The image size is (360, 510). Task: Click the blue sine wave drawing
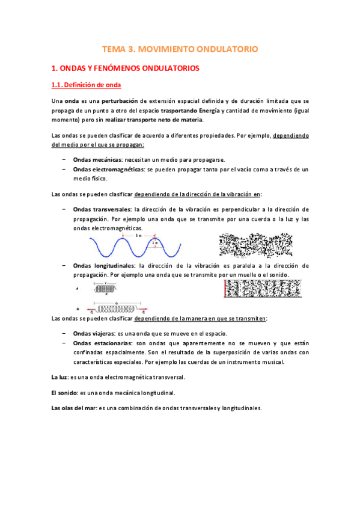135,247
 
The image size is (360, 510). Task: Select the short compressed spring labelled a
106,289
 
